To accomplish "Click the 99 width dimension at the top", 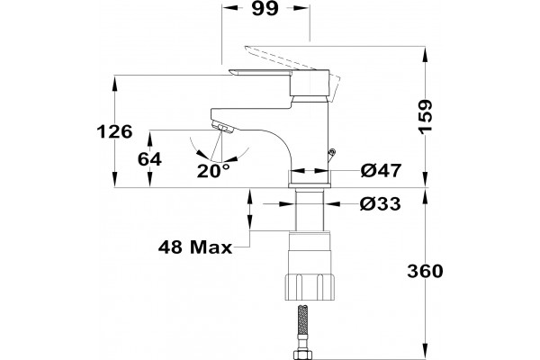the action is click(265, 8).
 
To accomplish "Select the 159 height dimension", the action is click(426, 117).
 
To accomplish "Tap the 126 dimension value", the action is click(114, 131).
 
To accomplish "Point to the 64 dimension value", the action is click(149, 159).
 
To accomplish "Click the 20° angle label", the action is click(213, 170).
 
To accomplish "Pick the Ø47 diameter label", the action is click(382, 170).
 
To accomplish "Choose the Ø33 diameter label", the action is click(381, 204).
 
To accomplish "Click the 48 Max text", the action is click(195, 247).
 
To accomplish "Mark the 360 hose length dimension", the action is click(426, 271).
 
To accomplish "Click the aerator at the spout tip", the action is click(223, 127).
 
